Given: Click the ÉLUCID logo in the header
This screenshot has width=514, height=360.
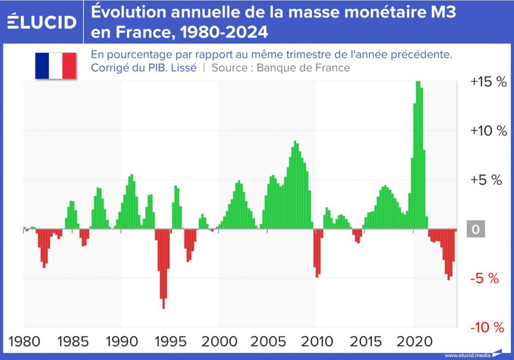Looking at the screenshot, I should [x=42, y=22].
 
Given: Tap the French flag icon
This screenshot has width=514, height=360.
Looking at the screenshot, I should [x=56, y=66].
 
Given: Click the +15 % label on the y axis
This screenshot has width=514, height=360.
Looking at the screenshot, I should [x=488, y=82].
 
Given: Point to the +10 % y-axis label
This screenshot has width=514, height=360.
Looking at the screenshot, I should [x=488, y=131].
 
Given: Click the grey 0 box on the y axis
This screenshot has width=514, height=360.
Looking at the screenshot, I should [x=475, y=230].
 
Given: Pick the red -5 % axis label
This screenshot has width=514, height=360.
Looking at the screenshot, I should [x=485, y=279].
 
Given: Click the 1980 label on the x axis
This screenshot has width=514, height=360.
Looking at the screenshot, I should [x=24, y=342].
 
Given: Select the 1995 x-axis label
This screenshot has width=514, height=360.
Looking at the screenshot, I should [x=170, y=342].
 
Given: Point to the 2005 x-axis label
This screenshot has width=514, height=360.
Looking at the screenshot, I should [x=267, y=342].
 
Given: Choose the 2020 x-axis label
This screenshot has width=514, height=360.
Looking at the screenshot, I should [x=414, y=342].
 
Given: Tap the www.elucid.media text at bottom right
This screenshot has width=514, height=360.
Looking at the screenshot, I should [x=467, y=355].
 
